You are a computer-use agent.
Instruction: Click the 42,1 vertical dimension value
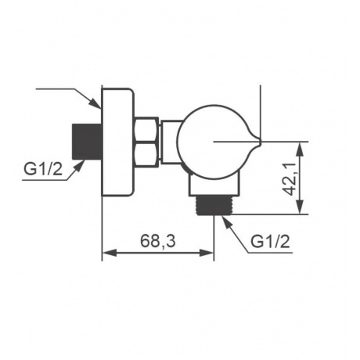click(x=290, y=178)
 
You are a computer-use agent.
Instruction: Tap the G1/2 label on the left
click(x=43, y=169)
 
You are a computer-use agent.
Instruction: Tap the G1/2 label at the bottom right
click(x=270, y=242)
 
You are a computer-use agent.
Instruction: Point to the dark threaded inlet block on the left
click(x=87, y=142)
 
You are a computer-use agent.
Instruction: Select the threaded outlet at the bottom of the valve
click(x=214, y=205)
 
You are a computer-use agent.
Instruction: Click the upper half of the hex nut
click(x=147, y=129)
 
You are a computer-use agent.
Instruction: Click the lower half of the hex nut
click(x=147, y=153)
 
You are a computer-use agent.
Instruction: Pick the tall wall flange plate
click(x=118, y=142)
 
